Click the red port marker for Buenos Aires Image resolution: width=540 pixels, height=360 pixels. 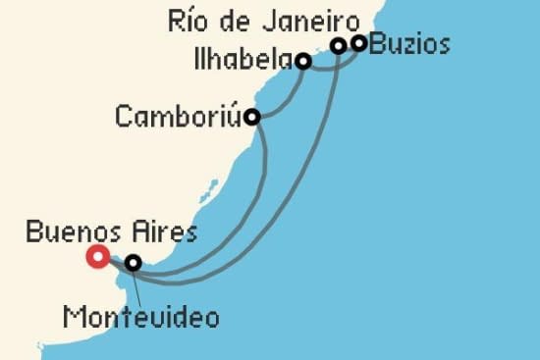pyautogui.click(x=97, y=257)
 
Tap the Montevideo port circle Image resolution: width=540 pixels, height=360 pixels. pyautogui.click(x=133, y=262)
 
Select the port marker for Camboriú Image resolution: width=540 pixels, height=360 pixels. pyautogui.click(x=252, y=117)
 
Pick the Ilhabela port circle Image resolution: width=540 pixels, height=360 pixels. pyautogui.click(x=303, y=61)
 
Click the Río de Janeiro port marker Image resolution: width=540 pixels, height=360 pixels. pyautogui.click(x=338, y=45)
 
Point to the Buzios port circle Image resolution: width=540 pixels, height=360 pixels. pyautogui.click(x=359, y=42)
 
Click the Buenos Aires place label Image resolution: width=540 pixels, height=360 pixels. pyautogui.click(x=110, y=232)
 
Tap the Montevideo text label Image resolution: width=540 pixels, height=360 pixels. pyautogui.click(x=140, y=317)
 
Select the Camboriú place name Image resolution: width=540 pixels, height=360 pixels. pyautogui.click(x=178, y=117)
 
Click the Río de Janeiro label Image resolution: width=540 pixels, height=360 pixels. pyautogui.click(x=262, y=18)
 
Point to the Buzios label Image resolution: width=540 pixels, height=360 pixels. pyautogui.click(x=410, y=44)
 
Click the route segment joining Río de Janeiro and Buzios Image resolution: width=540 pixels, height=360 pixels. pyautogui.click(x=349, y=44)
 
